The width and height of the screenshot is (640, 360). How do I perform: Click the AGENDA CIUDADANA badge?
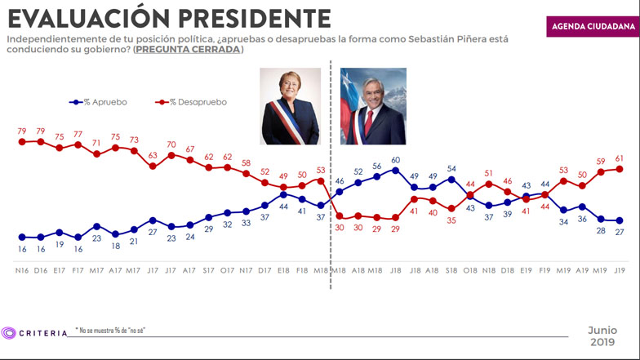[x=590, y=25]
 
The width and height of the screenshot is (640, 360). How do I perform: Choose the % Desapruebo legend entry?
[x=193, y=102]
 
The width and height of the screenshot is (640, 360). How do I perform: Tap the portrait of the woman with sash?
[x=290, y=106]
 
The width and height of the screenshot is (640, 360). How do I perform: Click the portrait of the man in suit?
[x=372, y=106]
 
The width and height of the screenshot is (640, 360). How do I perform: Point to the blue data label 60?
[x=395, y=160]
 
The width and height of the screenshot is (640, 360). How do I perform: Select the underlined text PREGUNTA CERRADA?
[x=188, y=50]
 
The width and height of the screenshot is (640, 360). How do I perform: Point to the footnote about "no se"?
[x=111, y=331]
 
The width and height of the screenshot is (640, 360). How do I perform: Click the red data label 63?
[x=153, y=155]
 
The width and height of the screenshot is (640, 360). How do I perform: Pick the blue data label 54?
[x=451, y=169]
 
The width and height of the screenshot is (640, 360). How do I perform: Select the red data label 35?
[x=451, y=220]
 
